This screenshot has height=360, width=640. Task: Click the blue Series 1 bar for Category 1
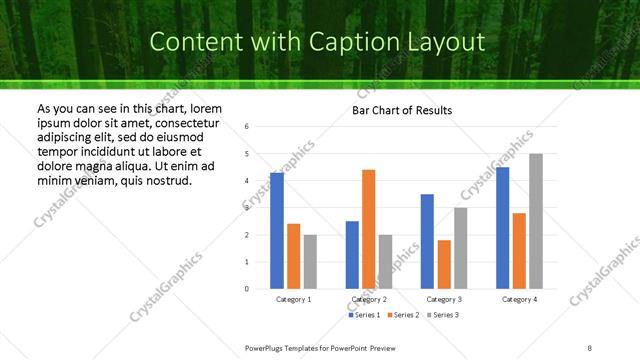pos(277,231)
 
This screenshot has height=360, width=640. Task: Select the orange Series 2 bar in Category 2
pos(369,229)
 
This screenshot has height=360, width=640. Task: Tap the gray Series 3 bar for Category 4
pos(536,221)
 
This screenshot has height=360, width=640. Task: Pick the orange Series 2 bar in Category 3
pos(444,264)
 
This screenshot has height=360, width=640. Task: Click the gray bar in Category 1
pos(310,262)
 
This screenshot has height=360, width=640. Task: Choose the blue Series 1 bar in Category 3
pos(427,241)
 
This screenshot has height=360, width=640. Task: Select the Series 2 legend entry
pos(401,315)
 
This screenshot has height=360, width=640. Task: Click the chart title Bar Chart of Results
pos(402,110)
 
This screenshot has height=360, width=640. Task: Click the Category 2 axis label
pos(369,299)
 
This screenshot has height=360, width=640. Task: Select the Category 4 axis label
pos(519,299)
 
